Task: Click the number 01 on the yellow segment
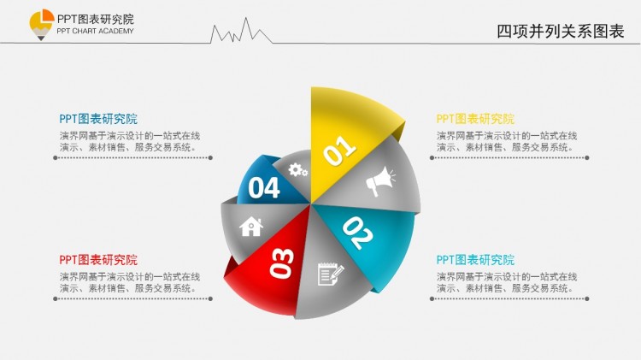click(x=339, y=151)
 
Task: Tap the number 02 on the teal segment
click(x=358, y=233)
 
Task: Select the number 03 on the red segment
click(x=282, y=263)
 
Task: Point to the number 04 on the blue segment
click(x=264, y=188)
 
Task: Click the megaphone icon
click(x=380, y=181)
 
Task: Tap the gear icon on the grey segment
click(x=298, y=170)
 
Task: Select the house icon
click(x=251, y=227)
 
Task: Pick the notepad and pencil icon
click(x=331, y=274)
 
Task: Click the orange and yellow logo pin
click(x=41, y=25)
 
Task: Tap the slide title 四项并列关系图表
click(x=560, y=32)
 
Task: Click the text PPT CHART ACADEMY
click(x=95, y=31)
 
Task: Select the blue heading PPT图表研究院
click(x=98, y=119)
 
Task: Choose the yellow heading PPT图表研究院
click(x=475, y=119)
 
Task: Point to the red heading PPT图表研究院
click(x=98, y=260)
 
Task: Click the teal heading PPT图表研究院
click(x=475, y=260)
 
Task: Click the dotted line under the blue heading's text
click(x=132, y=157)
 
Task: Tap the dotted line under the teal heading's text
click(x=509, y=298)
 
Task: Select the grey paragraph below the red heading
click(x=130, y=283)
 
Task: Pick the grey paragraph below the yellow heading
click(x=507, y=142)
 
